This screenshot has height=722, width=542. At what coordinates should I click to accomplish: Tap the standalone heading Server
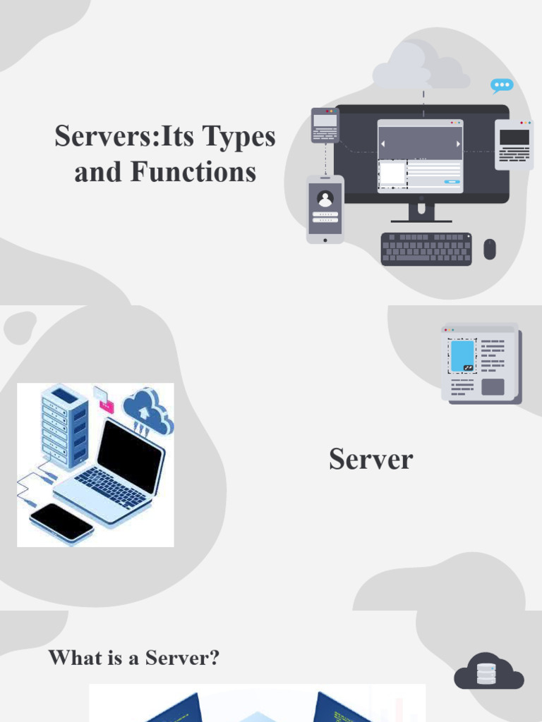pos(371,460)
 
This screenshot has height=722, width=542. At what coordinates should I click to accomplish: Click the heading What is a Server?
pos(134,658)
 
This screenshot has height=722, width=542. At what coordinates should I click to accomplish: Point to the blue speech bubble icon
pos(502,86)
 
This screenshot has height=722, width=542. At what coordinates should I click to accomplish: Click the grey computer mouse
pos(490,249)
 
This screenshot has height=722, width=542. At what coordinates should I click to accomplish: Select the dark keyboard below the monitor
pos(426,249)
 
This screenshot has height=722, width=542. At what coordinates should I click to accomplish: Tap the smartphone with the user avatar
pos(325,209)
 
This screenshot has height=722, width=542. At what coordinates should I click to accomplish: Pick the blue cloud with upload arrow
pos(147,411)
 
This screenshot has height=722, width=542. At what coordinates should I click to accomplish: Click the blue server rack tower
pos(65,427)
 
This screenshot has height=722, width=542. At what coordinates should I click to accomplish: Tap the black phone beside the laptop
pos(61,522)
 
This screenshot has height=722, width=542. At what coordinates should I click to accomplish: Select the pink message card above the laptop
pos(104,400)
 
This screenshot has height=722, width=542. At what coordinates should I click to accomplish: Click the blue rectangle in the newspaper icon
pos(462,356)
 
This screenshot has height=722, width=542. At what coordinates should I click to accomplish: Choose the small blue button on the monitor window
pos(452,181)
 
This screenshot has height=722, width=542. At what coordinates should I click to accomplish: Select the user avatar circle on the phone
pos(325,198)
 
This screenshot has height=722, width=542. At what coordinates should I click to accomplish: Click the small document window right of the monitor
pos(514,145)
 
